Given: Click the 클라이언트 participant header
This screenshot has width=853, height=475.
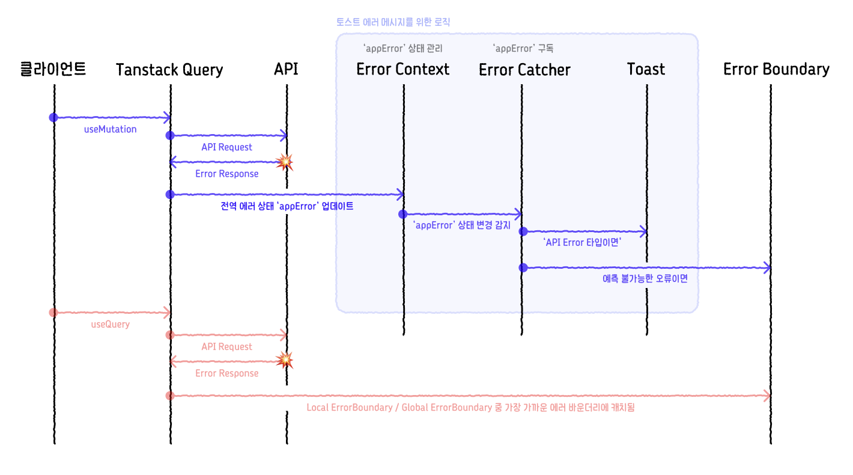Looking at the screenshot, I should click(53, 69).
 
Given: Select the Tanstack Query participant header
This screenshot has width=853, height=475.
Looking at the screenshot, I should click(169, 70).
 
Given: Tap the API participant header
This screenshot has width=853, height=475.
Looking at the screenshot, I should click(286, 69).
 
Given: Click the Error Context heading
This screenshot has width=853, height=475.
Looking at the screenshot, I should click(402, 69).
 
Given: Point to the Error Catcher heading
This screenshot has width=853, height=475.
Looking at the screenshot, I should click(524, 70).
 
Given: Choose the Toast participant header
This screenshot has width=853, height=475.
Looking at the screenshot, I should click(646, 69).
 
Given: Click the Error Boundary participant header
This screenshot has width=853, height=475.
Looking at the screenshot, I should click(776, 69).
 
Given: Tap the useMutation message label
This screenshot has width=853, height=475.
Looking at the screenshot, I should click(110, 129).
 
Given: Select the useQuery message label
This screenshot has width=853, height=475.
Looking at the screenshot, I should click(110, 324).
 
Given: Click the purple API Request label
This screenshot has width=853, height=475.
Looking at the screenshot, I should click(226, 147).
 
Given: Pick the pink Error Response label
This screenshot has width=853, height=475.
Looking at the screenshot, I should click(226, 373).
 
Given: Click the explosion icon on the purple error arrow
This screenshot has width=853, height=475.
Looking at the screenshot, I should click(284, 162).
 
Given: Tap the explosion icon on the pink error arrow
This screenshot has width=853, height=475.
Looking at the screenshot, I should click(284, 360).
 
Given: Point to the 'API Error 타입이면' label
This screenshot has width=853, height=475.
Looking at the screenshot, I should click(581, 243).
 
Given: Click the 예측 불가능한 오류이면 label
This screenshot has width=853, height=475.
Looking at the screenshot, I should click(645, 279).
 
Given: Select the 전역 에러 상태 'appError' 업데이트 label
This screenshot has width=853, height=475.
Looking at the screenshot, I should click(287, 206).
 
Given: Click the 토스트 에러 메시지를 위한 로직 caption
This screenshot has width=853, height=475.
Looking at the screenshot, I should click(393, 22).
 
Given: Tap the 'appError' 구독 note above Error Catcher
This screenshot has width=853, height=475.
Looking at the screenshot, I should click(523, 48).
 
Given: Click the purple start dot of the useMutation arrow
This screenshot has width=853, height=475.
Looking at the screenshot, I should click(53, 117).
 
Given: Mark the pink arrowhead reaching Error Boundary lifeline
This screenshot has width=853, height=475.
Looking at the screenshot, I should click(767, 396).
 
